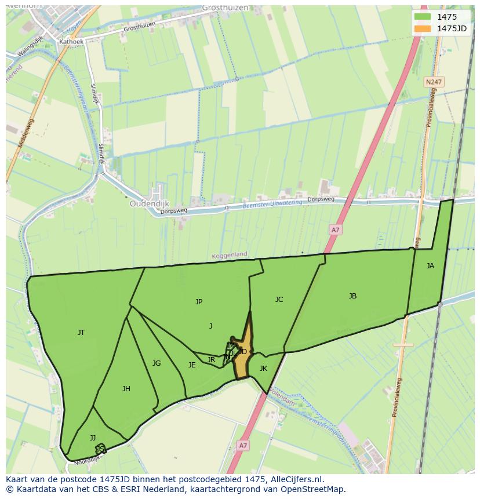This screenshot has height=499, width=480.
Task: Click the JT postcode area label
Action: pyautogui.click(x=81, y=333)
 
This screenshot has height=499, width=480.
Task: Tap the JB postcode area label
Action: pyautogui.click(x=352, y=296)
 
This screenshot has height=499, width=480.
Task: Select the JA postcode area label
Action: pyautogui.click(x=430, y=266)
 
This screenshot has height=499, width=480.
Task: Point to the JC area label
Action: pyautogui.click(x=279, y=300)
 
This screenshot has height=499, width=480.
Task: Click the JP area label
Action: pyautogui.click(x=199, y=301)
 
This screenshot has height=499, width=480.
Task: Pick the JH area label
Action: pyautogui.click(x=126, y=389)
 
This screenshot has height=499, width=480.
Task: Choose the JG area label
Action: pyautogui.click(x=157, y=363)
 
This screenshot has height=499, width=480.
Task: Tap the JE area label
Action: pyautogui.click(x=192, y=365)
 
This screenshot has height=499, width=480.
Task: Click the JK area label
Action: pyautogui.click(x=263, y=369)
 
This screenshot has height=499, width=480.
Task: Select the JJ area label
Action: pyautogui.click(x=93, y=438)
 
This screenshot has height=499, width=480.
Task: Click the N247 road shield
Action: pyautogui.click(x=433, y=82)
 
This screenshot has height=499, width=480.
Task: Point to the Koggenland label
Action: pyautogui.click(x=229, y=254)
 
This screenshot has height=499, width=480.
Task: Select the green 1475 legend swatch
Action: pyautogui.click(x=423, y=17)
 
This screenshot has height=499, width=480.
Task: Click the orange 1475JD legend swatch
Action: pyautogui.click(x=423, y=28)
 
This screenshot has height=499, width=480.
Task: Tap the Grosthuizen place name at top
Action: pyautogui.click(x=226, y=8)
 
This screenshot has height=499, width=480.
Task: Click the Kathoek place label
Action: pyautogui.click(x=71, y=42)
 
